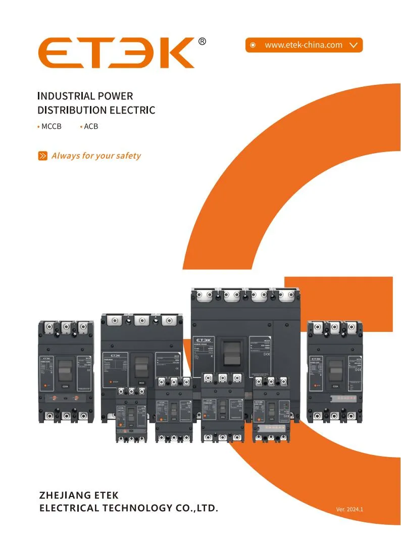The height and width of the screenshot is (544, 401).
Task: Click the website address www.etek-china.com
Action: pyautogui.click(x=304, y=45)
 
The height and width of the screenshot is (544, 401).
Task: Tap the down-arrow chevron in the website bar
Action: pyautogui.click(x=354, y=45)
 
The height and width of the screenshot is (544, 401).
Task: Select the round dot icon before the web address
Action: pyautogui.click(x=254, y=45)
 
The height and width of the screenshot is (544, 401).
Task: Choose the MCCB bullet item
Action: pyautogui.click(x=51, y=126)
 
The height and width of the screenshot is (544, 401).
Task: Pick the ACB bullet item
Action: pyautogui.click(x=91, y=126)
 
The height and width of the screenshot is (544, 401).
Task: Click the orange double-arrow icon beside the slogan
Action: pyautogui.click(x=43, y=156)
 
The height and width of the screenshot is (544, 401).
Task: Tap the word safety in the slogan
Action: pyautogui.click(x=128, y=156)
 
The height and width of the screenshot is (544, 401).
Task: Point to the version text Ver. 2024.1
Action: pyautogui.click(x=349, y=509)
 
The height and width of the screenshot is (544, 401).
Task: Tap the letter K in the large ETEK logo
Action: pyautogui.click(x=174, y=53)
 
